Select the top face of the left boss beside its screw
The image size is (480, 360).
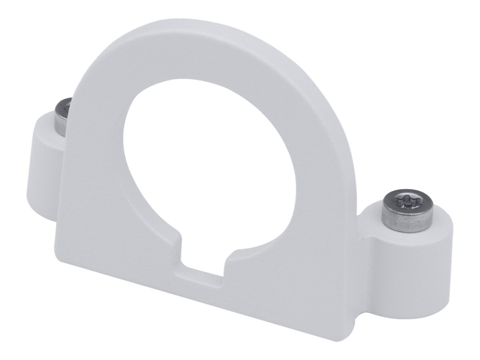pyautogui.click(x=47, y=127)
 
